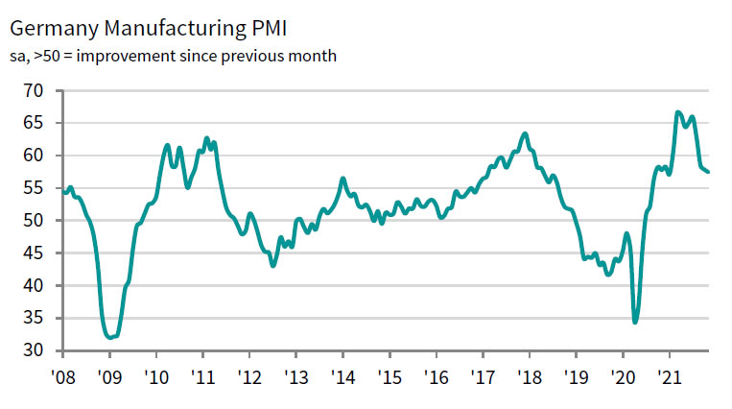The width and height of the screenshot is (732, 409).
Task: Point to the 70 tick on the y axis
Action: [35, 90]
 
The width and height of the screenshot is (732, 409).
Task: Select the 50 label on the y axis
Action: [35, 221]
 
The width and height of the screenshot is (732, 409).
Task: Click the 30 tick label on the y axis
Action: [35, 351]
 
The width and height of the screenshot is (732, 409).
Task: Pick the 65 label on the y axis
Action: [35, 123]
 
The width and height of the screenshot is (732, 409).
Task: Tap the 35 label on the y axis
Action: [35, 319]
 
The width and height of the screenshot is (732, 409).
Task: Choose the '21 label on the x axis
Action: [669, 377]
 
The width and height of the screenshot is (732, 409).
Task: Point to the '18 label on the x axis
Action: [529, 377]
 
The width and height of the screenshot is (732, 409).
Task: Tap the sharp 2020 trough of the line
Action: [635, 322]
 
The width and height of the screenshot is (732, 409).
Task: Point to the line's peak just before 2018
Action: [525, 133]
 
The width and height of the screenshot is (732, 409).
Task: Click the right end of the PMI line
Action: [708, 172]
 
